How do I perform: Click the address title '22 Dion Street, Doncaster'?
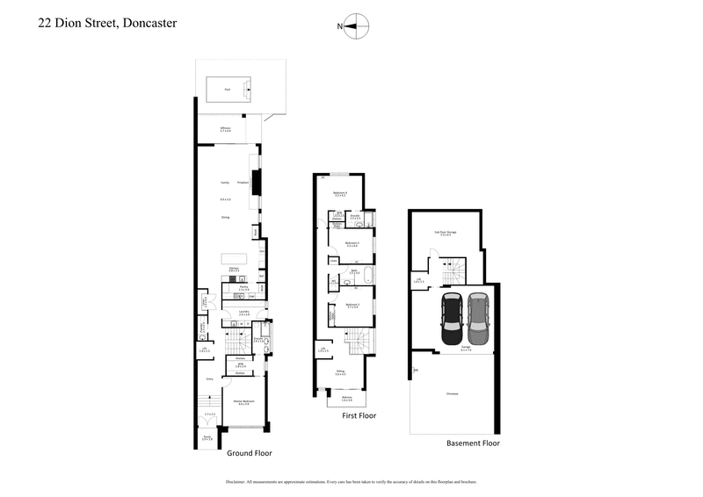tap(107, 23)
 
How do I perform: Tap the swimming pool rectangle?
tap(228, 90)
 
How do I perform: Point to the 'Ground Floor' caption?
tap(250, 454)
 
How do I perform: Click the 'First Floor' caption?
tap(359, 415)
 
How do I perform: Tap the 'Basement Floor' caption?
tap(473, 443)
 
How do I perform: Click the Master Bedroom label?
tap(242, 403)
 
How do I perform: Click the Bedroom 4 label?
tap(341, 193)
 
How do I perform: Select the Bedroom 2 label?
tap(341, 306)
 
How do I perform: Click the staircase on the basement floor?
tap(453, 272)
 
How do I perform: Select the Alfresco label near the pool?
tap(226, 129)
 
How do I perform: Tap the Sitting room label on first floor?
tap(341, 374)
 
